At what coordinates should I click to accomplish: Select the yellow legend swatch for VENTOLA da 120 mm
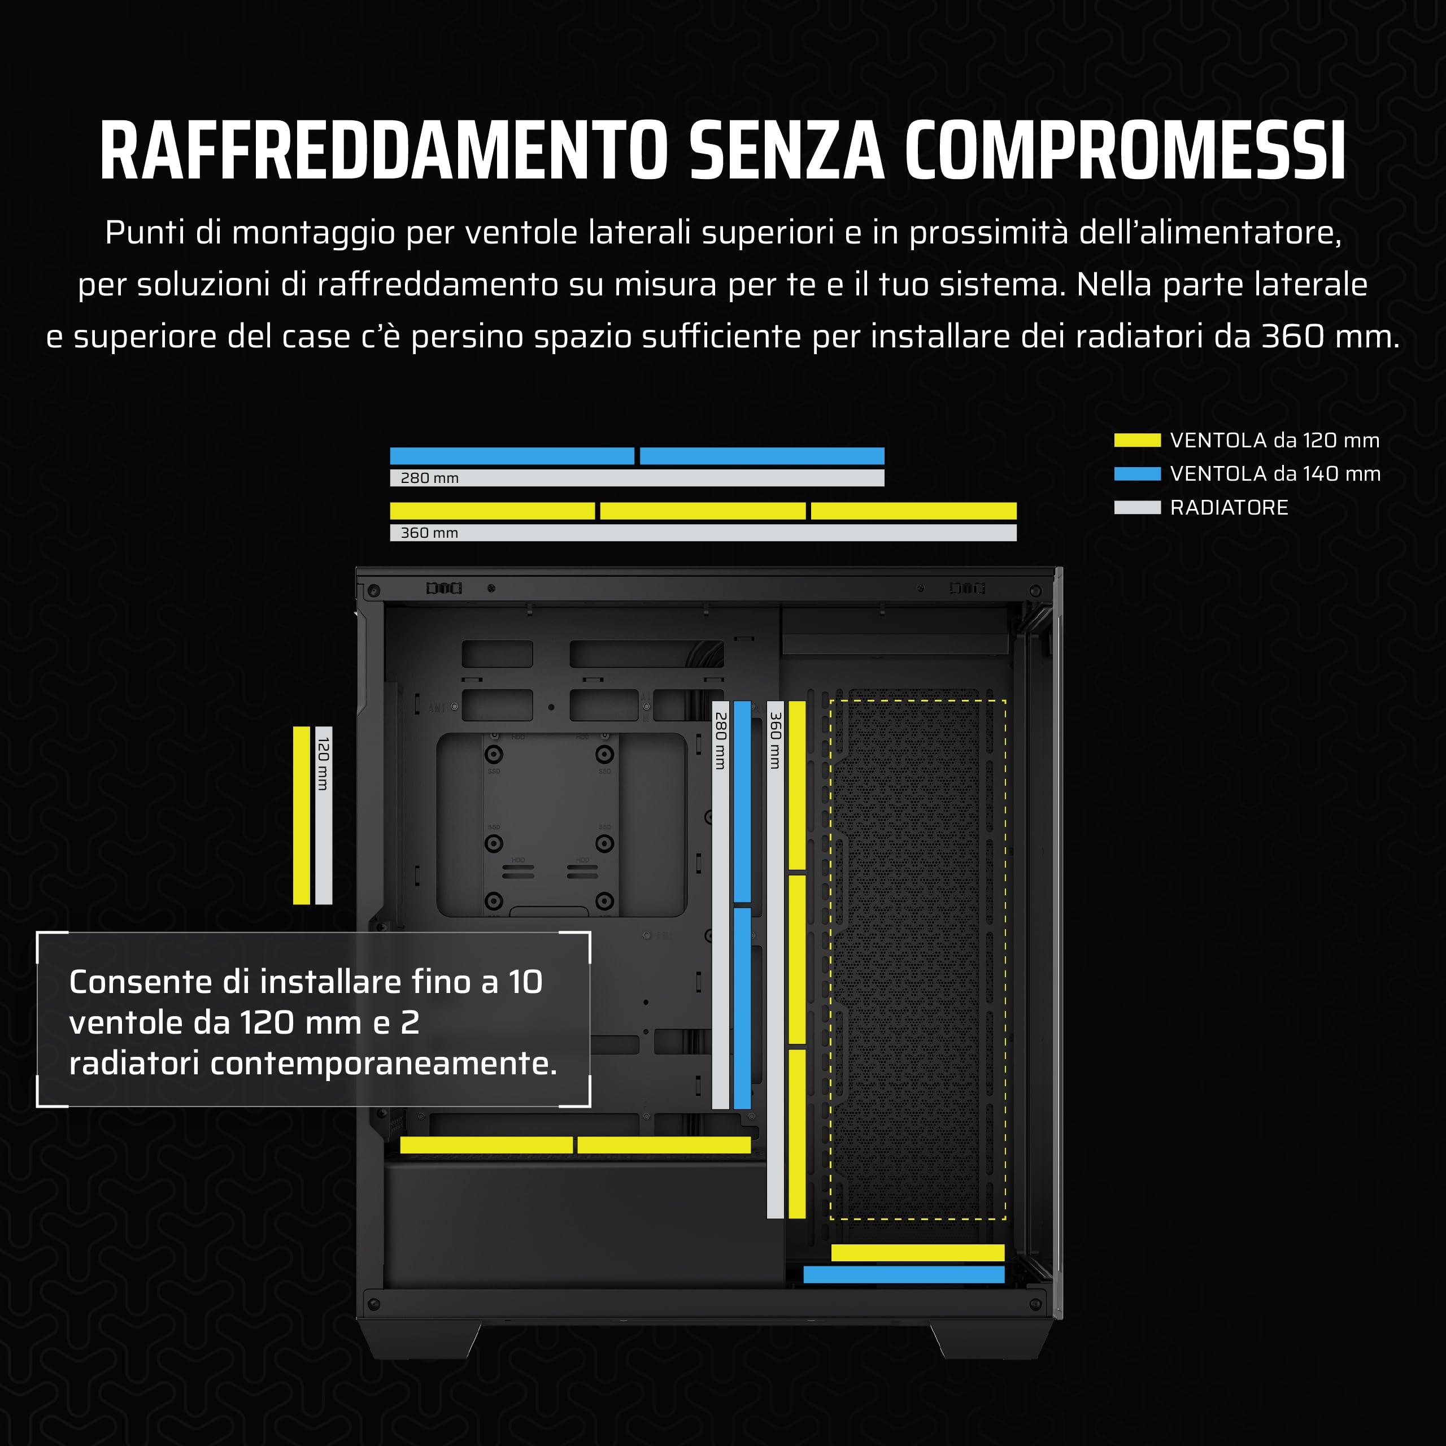coord(1137,440)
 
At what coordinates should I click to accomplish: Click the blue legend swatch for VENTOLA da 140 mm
coord(1137,474)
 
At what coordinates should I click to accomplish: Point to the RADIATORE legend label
coord(1229,507)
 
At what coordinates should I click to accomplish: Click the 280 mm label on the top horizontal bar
coord(430,477)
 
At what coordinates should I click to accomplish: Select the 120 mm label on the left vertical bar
coord(323,764)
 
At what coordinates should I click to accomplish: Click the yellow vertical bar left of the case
coord(302,815)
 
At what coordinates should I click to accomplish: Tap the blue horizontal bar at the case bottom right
coord(903,1275)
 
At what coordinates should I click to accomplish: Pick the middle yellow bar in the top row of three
coord(703,511)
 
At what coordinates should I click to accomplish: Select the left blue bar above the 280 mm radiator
coord(512,456)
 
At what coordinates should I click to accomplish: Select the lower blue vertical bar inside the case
coord(742,1008)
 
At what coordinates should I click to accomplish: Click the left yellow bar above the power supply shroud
coord(486,1145)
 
